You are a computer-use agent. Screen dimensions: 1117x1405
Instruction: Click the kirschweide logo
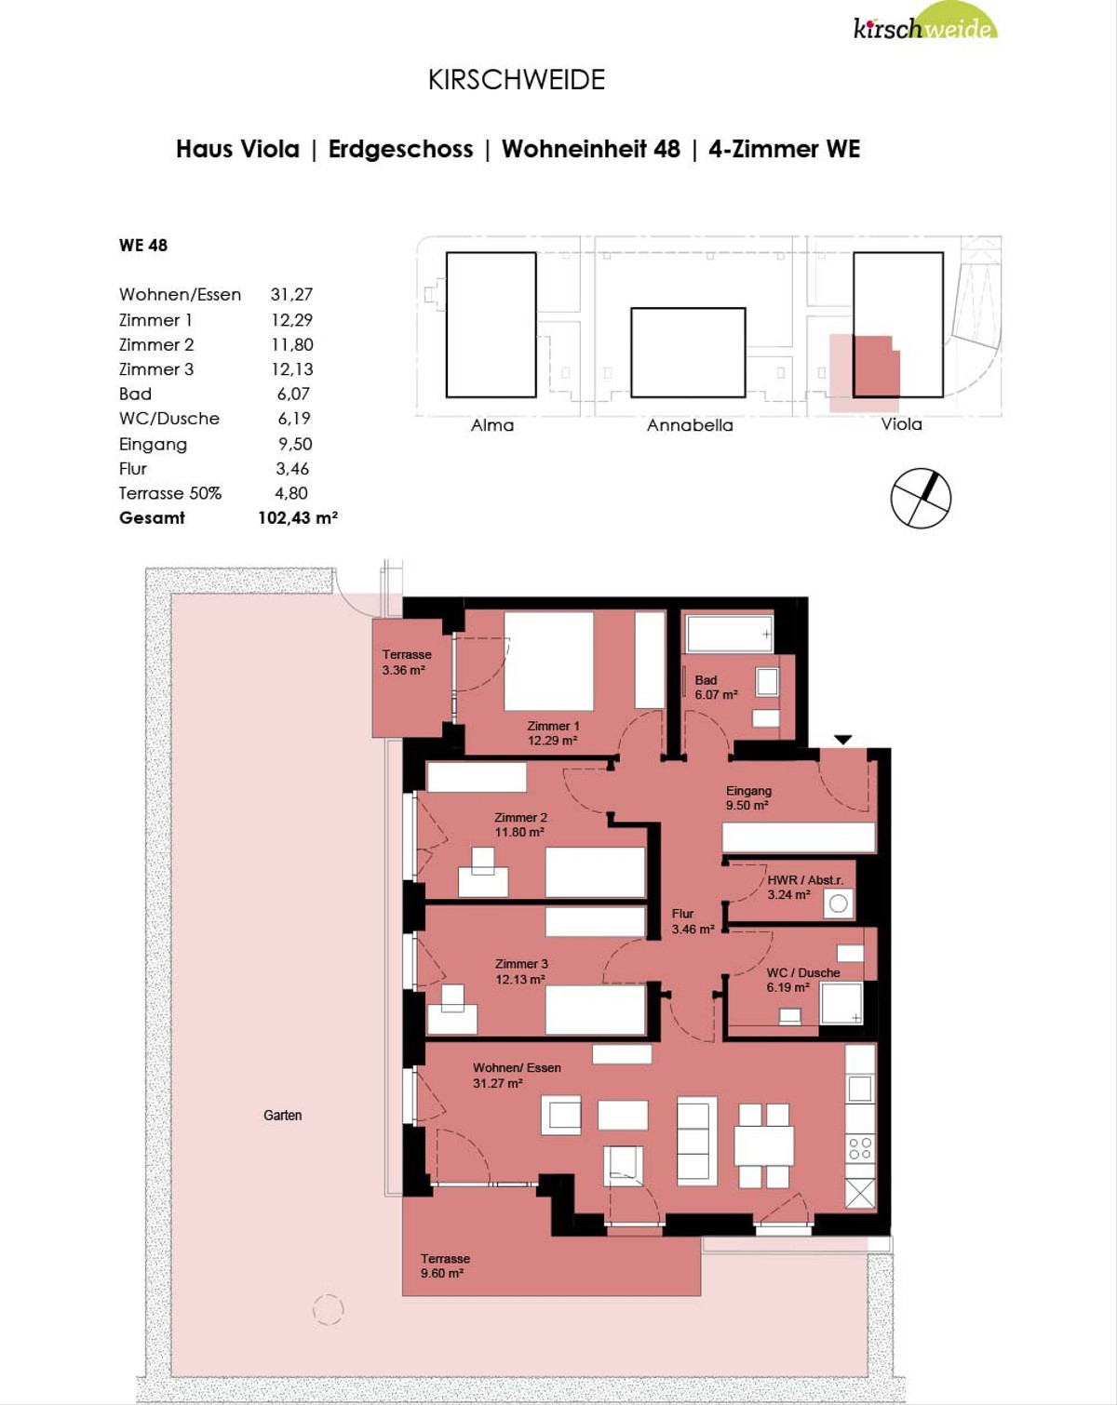tap(925, 20)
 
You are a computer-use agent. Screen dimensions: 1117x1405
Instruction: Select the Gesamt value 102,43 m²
tap(298, 517)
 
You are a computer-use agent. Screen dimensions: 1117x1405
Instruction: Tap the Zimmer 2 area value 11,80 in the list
tap(292, 344)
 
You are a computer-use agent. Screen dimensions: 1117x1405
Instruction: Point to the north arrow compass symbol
tap(921, 498)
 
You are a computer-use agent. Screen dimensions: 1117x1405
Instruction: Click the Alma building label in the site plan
tap(492, 425)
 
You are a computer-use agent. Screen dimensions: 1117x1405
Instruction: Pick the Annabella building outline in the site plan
tap(688, 353)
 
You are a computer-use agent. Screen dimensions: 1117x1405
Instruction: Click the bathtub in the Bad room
tap(730, 633)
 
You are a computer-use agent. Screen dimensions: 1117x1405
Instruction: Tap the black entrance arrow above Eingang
tap(843, 740)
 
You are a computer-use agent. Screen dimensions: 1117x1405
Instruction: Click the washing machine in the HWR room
tap(838, 903)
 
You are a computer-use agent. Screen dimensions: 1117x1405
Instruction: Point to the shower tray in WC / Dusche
tap(841, 1002)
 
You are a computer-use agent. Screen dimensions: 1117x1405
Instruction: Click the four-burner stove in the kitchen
tap(860, 1148)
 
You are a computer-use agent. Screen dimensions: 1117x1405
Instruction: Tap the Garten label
tap(283, 1115)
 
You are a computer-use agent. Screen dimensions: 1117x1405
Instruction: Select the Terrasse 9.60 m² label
tap(445, 1266)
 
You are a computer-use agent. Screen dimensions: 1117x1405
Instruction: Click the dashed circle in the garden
tap(328, 1310)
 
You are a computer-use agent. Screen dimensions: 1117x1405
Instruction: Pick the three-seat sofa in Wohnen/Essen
tap(697, 1141)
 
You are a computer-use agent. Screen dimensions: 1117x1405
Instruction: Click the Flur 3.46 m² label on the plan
tap(693, 921)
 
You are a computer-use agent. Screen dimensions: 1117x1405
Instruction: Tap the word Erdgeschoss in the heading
tap(400, 150)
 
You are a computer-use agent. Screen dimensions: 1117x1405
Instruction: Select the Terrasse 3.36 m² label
tap(406, 662)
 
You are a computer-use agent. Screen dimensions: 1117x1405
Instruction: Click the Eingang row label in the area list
tap(153, 445)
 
